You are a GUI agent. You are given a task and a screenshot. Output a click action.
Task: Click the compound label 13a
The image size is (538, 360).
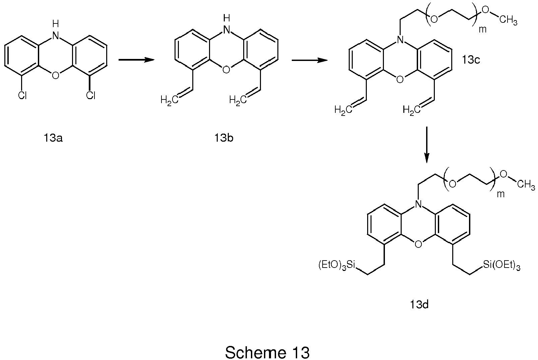(x=53, y=138)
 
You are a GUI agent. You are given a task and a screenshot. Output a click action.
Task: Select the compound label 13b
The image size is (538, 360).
(x=224, y=138)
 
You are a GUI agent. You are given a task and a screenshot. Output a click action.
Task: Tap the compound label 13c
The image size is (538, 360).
(x=470, y=60)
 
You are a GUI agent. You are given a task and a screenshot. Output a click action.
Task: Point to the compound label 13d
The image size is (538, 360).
(x=419, y=304)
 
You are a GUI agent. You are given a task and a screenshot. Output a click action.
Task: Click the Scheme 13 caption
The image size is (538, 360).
(x=267, y=352)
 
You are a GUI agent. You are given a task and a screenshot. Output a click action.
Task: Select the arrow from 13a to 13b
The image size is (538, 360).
(x=136, y=60)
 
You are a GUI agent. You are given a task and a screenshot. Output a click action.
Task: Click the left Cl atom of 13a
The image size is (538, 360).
(x=22, y=96)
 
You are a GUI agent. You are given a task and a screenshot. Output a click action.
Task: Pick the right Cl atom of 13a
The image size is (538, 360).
(x=91, y=96)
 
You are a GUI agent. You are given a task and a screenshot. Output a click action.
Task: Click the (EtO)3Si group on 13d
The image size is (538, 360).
(x=336, y=265)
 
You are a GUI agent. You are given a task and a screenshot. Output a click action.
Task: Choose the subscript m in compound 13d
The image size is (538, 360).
(x=500, y=194)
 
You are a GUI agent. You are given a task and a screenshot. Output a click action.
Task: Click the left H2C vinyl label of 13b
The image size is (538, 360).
(x=170, y=99)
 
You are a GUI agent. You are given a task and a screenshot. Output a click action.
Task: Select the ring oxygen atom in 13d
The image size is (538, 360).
(x=418, y=244)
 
